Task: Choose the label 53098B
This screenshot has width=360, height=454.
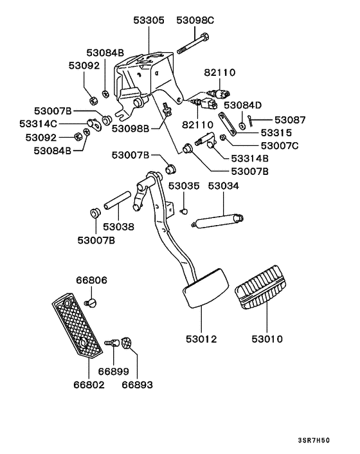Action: [130, 129]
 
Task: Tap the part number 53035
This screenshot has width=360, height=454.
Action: [184, 186]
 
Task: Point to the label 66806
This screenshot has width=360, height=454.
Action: [91, 280]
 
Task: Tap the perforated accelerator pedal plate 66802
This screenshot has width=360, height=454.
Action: [76, 327]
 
